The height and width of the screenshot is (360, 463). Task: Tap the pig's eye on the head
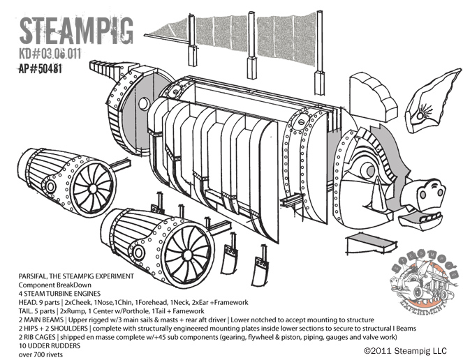click(367, 168)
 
